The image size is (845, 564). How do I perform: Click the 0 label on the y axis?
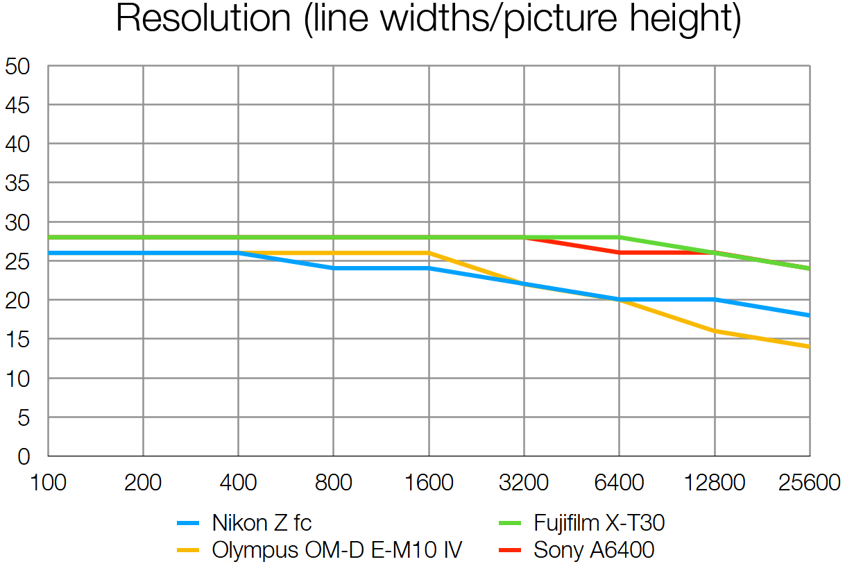tap(24, 456)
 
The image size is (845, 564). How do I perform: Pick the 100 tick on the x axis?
tap(48, 482)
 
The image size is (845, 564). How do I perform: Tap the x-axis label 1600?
tap(429, 482)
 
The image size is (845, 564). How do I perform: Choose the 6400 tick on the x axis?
tap(620, 482)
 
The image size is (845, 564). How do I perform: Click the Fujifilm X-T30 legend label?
tap(599, 522)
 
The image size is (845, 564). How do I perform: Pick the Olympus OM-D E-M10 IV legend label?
tap(336, 550)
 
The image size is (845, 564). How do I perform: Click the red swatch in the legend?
tap(511, 551)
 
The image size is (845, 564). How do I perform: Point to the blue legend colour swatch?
tap(189, 523)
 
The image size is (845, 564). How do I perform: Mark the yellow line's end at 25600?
tap(809, 347)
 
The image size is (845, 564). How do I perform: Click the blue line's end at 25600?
tap(809, 315)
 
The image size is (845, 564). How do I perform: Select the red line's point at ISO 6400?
tap(620, 253)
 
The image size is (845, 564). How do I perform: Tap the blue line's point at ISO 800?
tap(334, 268)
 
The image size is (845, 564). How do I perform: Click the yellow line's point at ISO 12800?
tap(715, 331)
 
